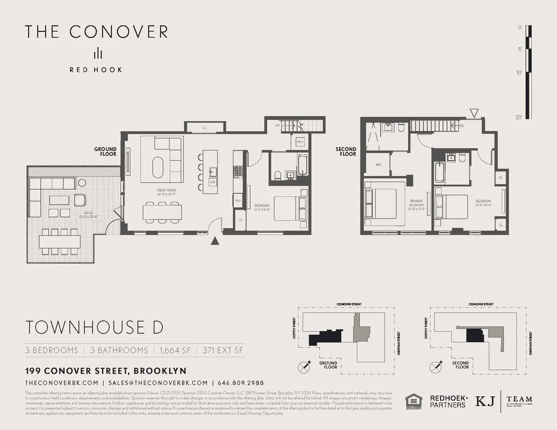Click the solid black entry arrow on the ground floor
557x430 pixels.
coord(214,240)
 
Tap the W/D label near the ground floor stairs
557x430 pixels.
coord(300,142)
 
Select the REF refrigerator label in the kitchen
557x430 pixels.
coord(238,200)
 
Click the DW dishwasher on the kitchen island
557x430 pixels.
coord(212,182)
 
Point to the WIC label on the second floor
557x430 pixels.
coord(378,165)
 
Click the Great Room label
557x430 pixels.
coord(166,190)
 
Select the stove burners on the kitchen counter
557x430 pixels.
coord(238,171)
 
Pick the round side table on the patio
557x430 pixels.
coord(82,183)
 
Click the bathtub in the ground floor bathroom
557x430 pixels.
coord(302,164)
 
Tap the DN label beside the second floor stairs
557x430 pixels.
coord(461,125)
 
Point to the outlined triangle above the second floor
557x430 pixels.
coord(473,113)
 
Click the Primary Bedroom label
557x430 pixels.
coord(416,205)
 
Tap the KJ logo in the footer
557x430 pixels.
coord(485,401)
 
